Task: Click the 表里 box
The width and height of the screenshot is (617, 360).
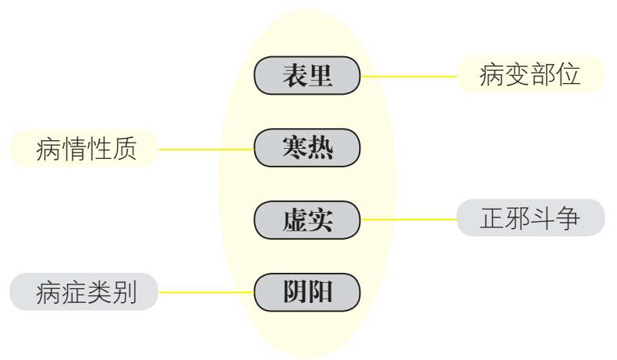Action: coord(307,76)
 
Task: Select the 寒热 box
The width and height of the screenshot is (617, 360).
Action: coord(307,147)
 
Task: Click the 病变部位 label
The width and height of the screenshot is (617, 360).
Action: coord(529,76)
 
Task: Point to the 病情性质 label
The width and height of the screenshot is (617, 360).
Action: coord(86,149)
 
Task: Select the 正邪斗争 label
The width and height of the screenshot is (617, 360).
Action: coord(529,219)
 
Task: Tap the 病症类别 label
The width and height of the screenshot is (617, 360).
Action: coord(86,293)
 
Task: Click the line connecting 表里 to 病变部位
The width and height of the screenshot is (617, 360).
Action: coord(408,76)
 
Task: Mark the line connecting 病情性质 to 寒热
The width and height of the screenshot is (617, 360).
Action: coord(206,149)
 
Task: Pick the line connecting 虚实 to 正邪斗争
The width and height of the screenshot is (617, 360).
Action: coord(408,220)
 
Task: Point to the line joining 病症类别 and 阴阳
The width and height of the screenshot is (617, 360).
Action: coord(206,293)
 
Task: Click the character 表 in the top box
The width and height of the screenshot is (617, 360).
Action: coord(293,76)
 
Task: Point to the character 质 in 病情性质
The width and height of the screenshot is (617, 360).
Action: coord(124,149)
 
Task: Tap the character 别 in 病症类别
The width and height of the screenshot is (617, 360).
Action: coord(124,293)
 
